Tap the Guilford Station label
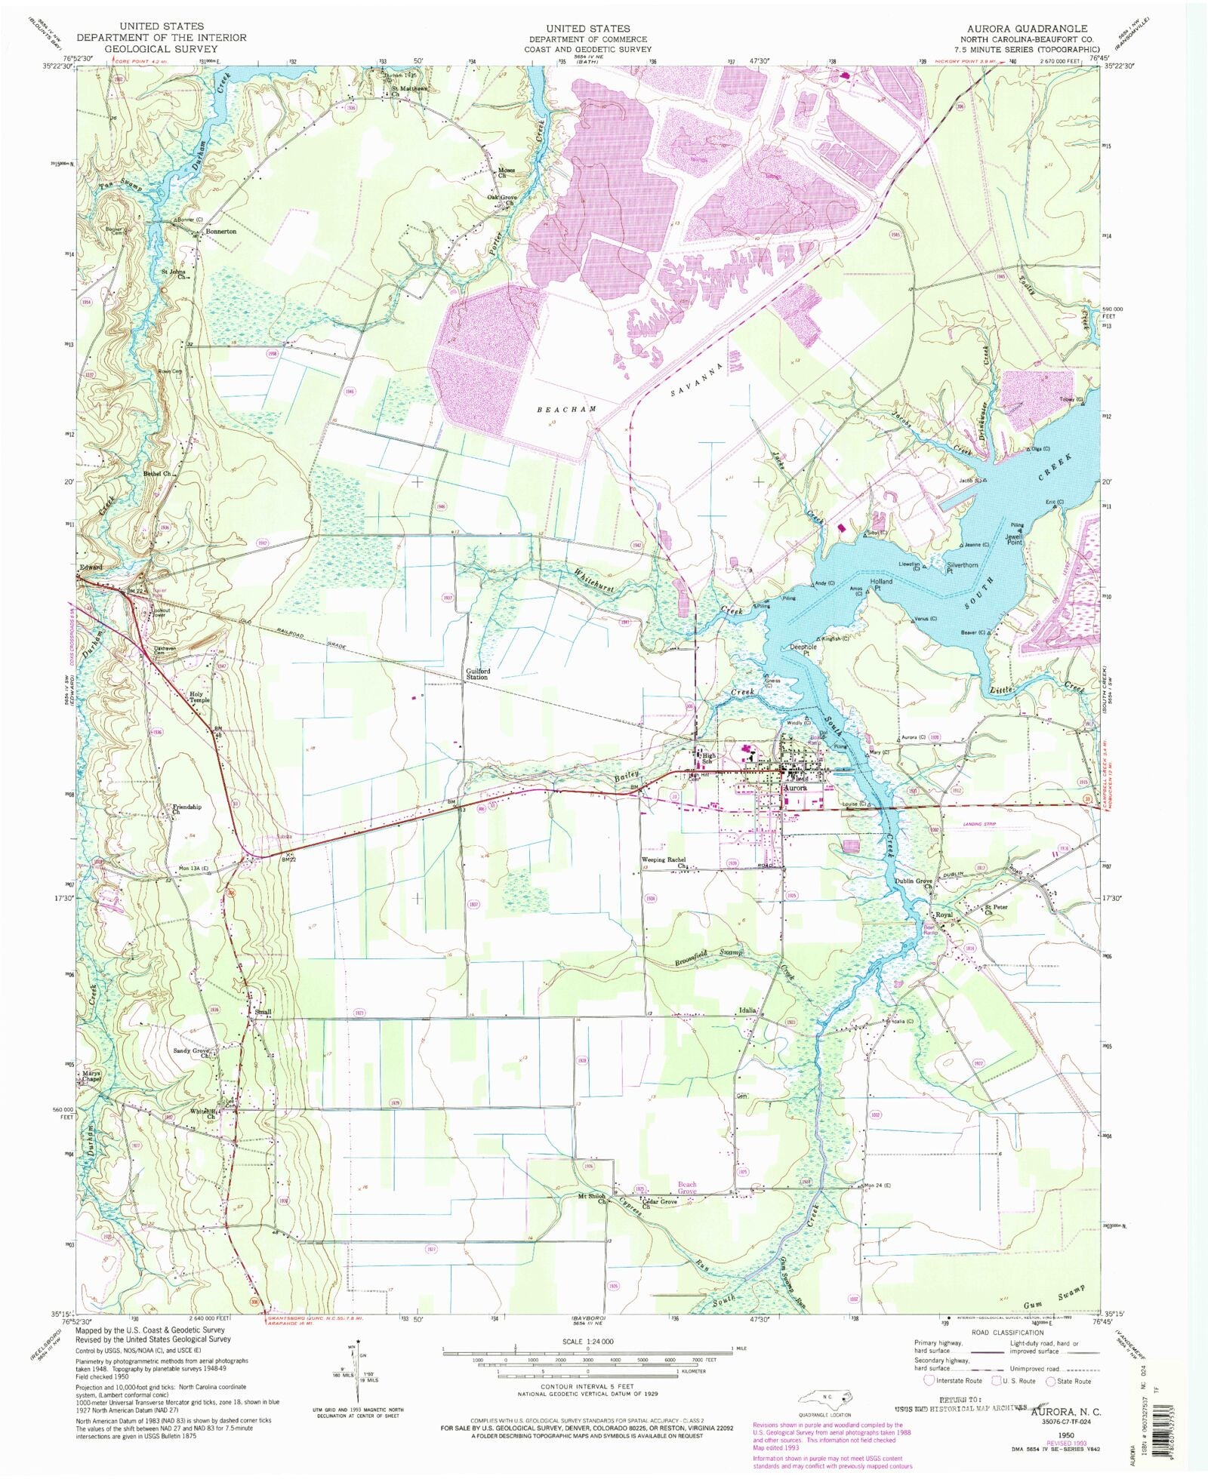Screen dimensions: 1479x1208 (477, 674)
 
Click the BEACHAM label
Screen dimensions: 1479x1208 (566, 408)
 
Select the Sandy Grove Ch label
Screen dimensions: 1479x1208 (193, 1053)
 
